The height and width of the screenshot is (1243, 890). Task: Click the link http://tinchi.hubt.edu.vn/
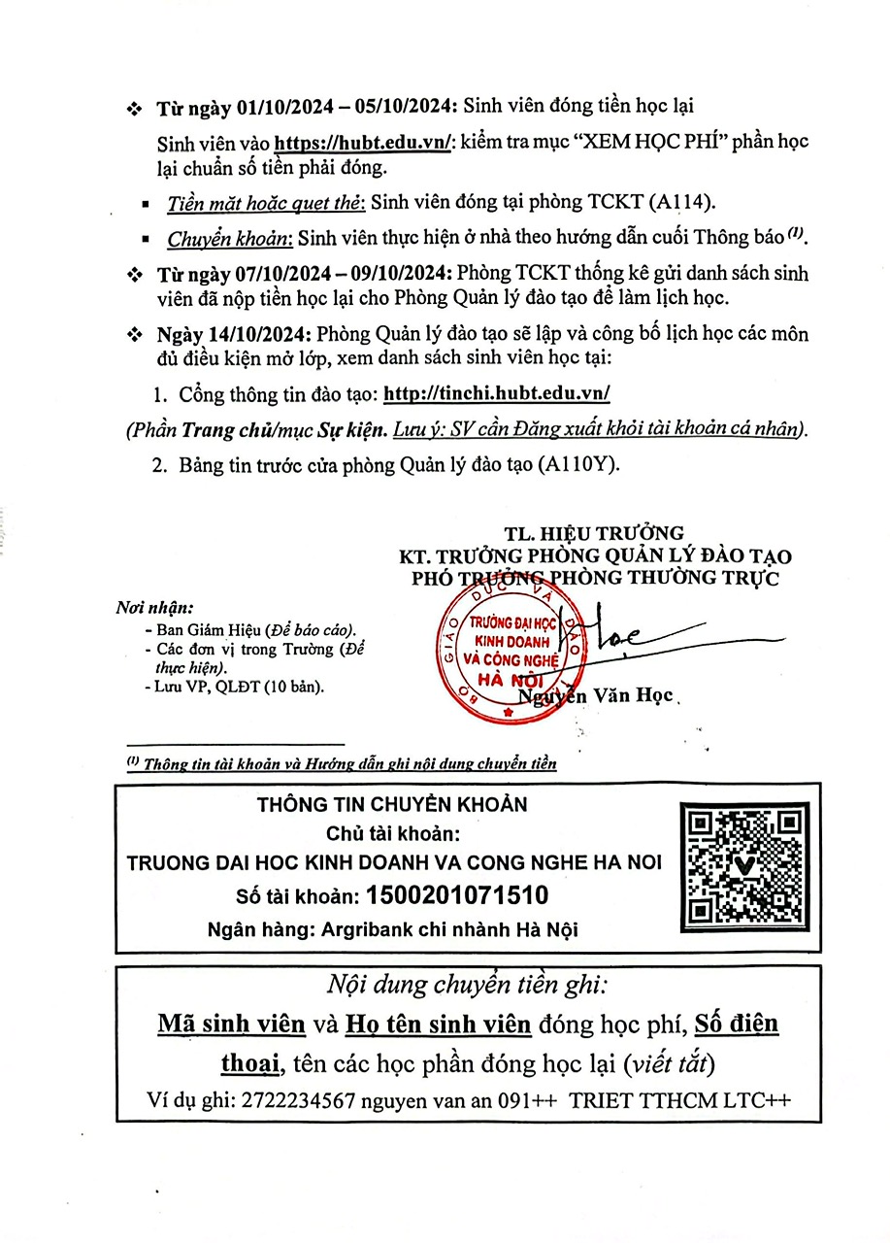click(497, 394)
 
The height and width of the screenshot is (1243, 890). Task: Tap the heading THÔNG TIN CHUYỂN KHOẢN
click(392, 805)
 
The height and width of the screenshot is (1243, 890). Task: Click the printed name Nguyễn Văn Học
click(596, 697)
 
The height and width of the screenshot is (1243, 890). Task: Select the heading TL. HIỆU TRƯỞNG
click(594, 533)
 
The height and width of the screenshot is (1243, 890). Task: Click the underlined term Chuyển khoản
click(228, 238)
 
